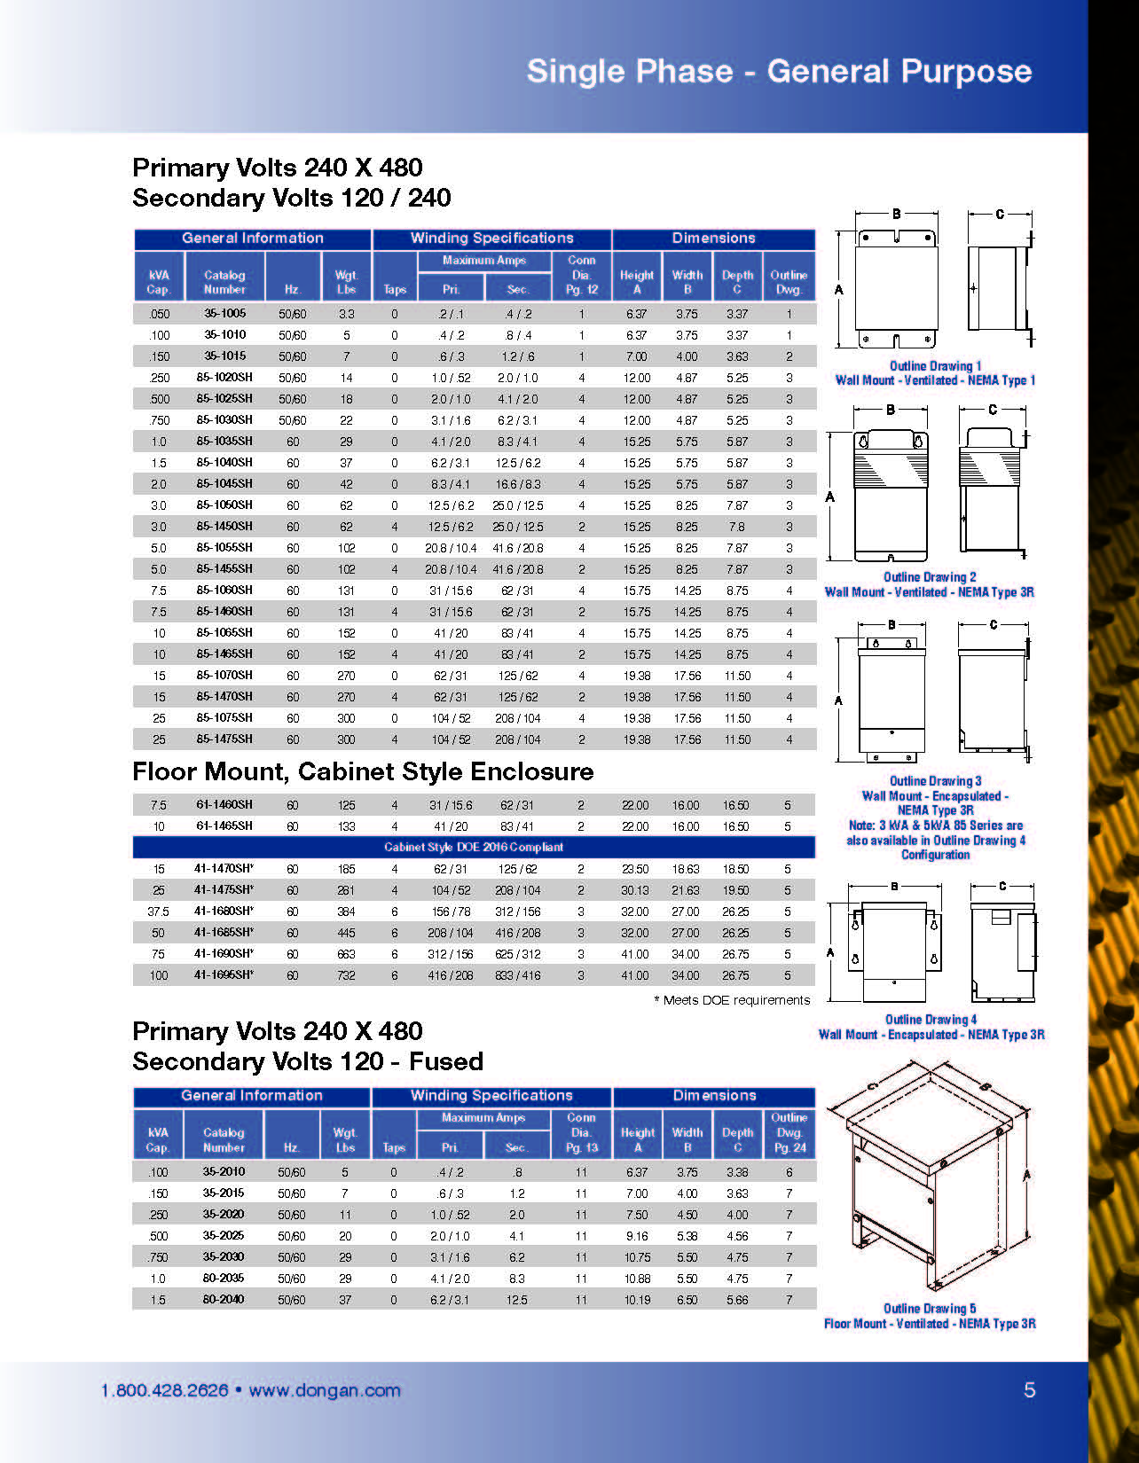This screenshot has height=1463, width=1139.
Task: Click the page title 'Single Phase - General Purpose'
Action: [779, 71]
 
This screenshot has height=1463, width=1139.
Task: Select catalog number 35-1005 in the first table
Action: [224, 313]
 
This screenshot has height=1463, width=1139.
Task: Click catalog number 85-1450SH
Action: [224, 526]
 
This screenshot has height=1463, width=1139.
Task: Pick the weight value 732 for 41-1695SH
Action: [346, 975]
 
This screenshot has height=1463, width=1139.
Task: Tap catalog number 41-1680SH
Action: [224, 911]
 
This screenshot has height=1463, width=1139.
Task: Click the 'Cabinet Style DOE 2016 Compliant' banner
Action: [474, 847]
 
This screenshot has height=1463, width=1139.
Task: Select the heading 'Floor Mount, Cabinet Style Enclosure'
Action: [363, 771]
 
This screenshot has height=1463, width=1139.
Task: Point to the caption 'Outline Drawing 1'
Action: [935, 365]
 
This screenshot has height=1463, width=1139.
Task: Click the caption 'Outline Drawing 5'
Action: [929, 1308]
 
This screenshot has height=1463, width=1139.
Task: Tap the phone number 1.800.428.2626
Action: [165, 1390]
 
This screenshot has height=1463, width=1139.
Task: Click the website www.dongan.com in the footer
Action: [325, 1390]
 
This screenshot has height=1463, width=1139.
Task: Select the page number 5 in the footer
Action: [1029, 1389]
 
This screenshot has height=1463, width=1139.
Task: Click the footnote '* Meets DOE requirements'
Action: [732, 1000]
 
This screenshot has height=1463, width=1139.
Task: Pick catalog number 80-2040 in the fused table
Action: [224, 1299]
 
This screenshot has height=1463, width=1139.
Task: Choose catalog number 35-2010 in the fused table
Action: [224, 1171]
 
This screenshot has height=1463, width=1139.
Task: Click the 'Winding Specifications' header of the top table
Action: [491, 238]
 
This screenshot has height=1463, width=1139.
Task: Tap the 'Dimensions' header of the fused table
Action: [714, 1096]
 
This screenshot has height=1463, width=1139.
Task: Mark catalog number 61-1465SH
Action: [224, 825]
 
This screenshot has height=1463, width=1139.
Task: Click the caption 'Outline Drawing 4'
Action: [931, 1020]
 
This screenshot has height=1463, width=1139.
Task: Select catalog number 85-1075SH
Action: [224, 717]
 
